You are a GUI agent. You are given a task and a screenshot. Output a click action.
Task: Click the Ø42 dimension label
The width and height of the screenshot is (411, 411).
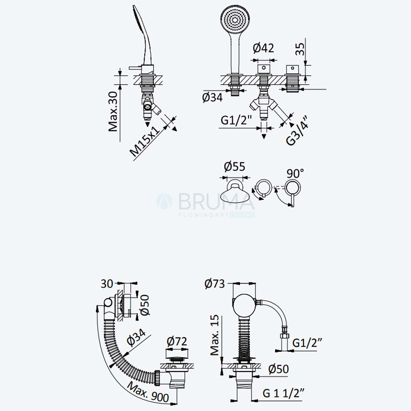point(263,48)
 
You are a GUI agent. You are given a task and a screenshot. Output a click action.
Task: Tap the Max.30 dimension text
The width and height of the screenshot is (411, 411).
point(113,111)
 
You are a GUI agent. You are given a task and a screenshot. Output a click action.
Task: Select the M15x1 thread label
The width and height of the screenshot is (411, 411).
point(145,141)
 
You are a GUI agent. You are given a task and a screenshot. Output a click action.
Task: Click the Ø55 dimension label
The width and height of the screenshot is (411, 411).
point(235,166)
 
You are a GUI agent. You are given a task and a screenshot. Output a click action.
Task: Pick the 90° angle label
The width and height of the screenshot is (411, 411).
point(295,173)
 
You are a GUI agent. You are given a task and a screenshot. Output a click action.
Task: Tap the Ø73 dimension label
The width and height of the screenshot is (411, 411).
point(215,284)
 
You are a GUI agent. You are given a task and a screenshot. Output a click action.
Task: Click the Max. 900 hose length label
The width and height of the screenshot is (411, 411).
point(148,392)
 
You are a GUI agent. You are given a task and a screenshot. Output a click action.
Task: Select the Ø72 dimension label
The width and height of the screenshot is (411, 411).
point(177,341)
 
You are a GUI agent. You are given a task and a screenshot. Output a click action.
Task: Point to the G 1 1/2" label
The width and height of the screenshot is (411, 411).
point(284,393)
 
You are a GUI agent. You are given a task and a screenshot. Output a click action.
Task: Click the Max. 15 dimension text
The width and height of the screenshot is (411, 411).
point(215,335)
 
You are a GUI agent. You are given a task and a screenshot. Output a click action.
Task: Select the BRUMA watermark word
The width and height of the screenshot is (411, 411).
point(217,201)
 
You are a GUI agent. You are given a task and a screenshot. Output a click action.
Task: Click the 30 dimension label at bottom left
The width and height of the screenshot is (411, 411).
point(107,284)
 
